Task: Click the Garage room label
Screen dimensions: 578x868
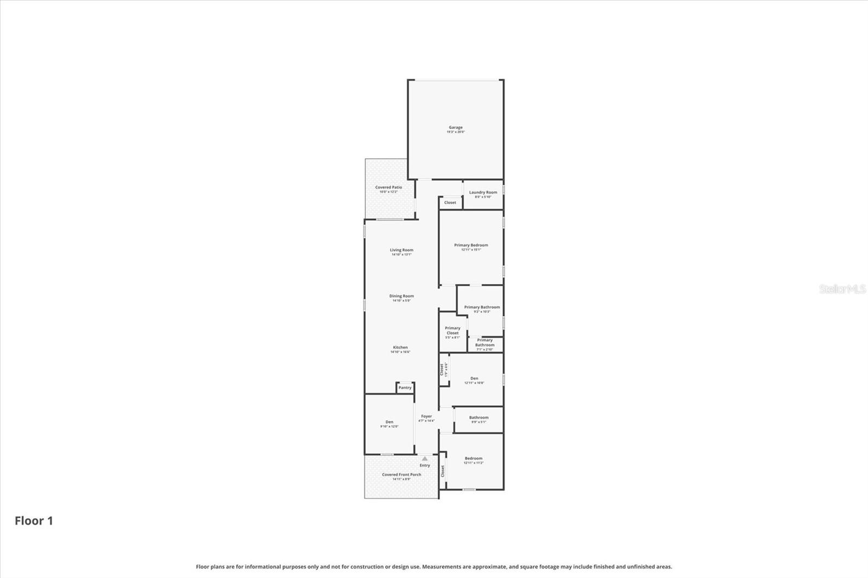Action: coord(456,127)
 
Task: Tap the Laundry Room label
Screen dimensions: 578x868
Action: coord(483,192)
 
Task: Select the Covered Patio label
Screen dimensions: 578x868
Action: coord(388,188)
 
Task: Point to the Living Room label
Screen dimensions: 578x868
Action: coord(401,250)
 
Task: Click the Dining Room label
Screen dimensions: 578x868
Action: coord(401,296)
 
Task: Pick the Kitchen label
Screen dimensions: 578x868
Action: coord(400,348)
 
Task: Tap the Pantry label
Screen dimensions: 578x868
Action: coord(405,388)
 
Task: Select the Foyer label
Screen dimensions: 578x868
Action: coord(426,416)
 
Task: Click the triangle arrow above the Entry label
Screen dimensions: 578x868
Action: coord(425,459)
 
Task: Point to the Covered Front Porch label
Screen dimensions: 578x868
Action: coord(401,474)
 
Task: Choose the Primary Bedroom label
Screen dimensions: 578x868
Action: coord(471,245)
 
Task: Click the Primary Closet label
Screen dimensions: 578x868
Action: coord(452,330)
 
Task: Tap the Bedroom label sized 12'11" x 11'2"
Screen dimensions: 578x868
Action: coord(473,458)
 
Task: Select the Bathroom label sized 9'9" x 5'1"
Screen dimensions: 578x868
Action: coord(478,418)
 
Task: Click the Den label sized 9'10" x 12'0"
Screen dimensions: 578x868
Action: coord(390,422)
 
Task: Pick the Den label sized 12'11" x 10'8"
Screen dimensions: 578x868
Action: coord(474,378)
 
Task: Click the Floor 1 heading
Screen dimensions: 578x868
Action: coord(34,521)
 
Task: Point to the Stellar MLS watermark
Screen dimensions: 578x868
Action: coord(843,289)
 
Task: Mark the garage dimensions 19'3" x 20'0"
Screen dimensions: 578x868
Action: coord(456,132)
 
